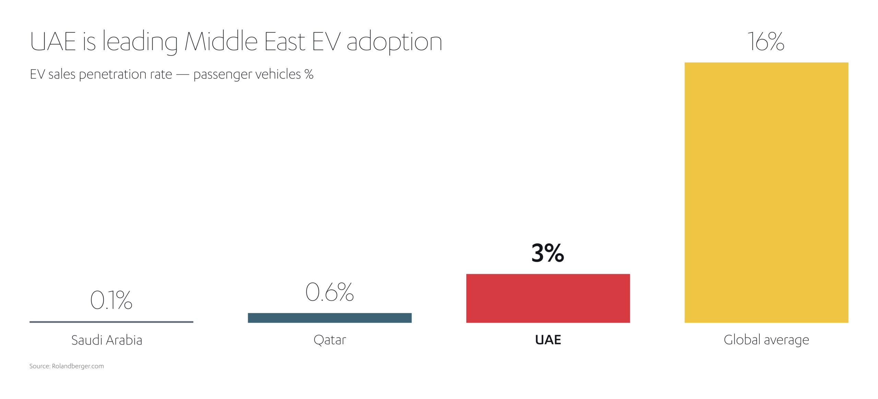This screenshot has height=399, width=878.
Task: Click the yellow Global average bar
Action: point(766,192)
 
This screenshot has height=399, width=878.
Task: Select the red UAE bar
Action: point(548,298)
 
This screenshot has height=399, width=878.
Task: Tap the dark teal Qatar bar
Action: point(330,318)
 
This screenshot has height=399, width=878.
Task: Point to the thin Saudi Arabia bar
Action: point(111,322)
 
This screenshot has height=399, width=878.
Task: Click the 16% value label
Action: point(766,42)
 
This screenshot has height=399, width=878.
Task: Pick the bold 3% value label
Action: point(547,253)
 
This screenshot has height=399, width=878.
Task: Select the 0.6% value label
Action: point(329,292)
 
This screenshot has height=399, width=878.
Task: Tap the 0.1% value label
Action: point(111,300)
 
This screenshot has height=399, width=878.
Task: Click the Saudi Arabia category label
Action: point(107,340)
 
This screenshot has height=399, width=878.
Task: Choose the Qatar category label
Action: point(330,340)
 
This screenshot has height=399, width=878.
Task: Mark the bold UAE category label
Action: point(548,340)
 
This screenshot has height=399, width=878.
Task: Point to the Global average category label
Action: point(766,340)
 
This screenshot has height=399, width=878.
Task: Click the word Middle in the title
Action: point(221,42)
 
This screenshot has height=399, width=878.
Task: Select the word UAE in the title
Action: point(53,42)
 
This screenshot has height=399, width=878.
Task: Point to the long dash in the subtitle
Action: point(182,75)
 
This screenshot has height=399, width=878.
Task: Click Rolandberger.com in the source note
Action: point(78,366)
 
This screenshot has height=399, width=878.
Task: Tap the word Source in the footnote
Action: point(39,366)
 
